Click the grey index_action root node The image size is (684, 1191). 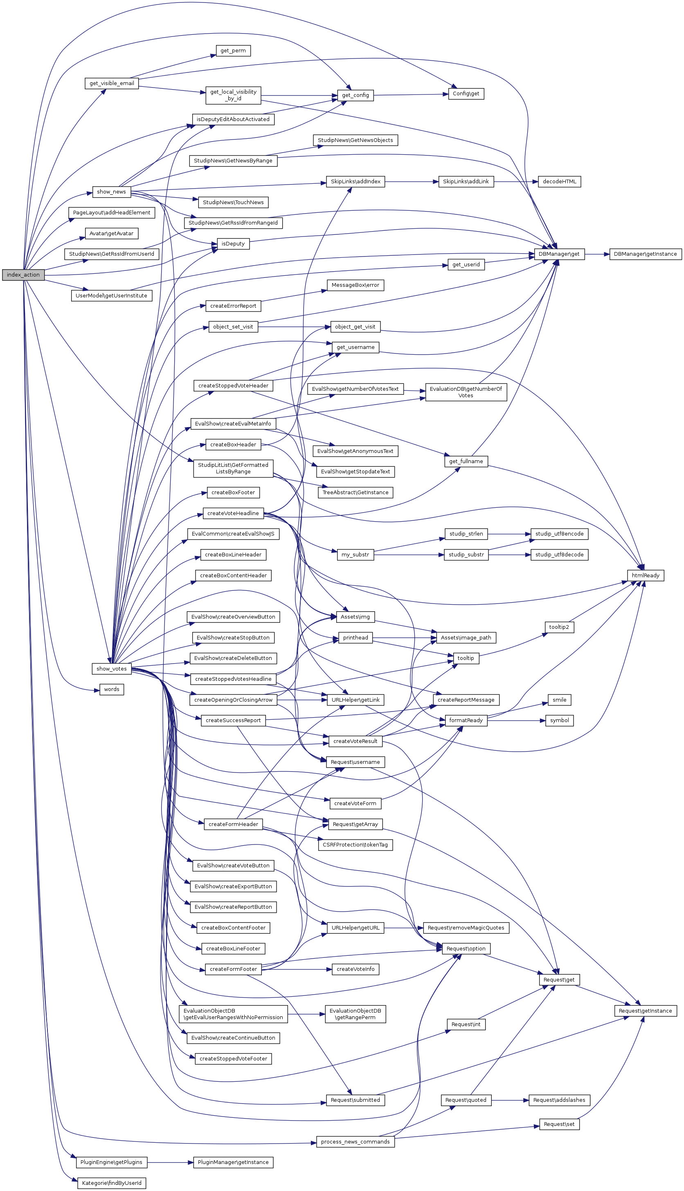coord(23,275)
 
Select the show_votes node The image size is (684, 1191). coord(111,669)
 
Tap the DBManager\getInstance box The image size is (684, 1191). coord(645,254)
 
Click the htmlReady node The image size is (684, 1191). coord(646,576)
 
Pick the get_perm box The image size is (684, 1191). coord(233,51)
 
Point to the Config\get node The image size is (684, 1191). coord(466,94)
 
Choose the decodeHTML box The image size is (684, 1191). coord(559,181)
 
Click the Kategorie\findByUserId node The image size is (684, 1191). coord(111,1183)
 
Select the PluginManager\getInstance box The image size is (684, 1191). coord(233,1162)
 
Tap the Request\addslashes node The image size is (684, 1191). coord(559,1100)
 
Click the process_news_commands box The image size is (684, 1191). coord(355,1141)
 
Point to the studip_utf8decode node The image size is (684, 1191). coord(559,555)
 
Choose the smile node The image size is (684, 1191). coord(559,700)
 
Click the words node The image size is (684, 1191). coord(111,689)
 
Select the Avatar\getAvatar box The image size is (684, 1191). coord(111,234)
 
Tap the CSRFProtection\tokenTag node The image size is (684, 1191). coord(355,845)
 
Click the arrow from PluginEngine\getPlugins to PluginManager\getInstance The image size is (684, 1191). coord(170,1162)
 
